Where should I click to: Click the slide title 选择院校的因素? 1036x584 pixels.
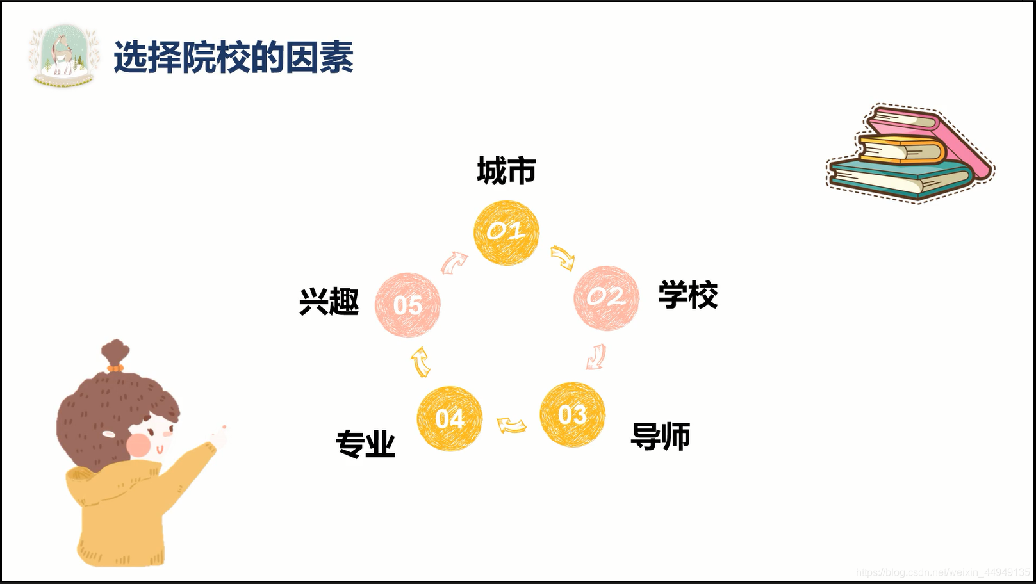(x=233, y=58)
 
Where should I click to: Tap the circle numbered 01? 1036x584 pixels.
(x=506, y=232)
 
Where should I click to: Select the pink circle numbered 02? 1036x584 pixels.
(x=606, y=298)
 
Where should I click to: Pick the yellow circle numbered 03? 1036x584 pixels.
(x=572, y=415)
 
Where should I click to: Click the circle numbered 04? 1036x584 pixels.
(x=449, y=419)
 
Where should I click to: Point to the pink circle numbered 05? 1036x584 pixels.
(x=407, y=305)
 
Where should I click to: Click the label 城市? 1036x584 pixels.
(x=506, y=171)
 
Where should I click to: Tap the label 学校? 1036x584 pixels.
(x=687, y=295)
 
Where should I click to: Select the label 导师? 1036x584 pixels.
(x=660, y=437)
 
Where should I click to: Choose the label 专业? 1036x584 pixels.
(x=365, y=444)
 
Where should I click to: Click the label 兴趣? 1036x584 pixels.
(x=329, y=302)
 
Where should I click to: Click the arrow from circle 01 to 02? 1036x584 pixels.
(x=563, y=257)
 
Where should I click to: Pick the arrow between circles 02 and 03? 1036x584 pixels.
(x=596, y=357)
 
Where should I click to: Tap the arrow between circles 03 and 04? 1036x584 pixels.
(x=511, y=425)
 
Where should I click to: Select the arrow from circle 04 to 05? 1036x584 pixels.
(x=421, y=362)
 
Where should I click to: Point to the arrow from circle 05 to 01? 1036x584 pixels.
(x=454, y=262)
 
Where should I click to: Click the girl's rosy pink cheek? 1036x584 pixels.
(x=138, y=444)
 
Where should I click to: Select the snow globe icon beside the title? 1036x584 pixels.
(x=64, y=56)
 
